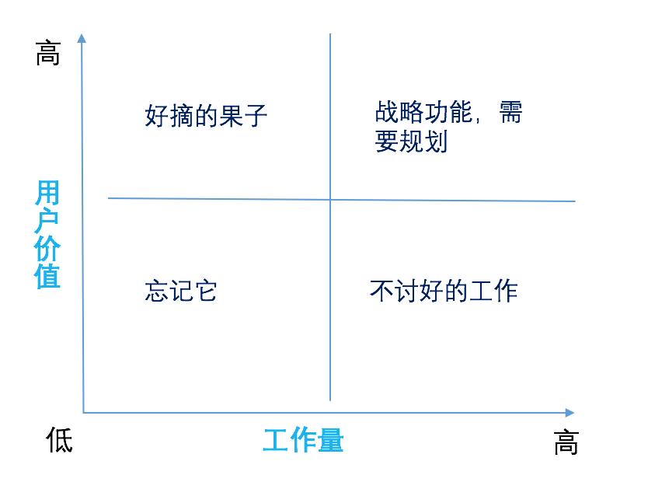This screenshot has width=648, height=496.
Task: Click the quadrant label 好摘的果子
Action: click(x=206, y=117)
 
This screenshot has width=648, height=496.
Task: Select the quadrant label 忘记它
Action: click(x=180, y=291)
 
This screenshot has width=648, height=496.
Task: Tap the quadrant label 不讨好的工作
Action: click(x=444, y=291)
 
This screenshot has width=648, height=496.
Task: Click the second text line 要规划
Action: click(x=411, y=142)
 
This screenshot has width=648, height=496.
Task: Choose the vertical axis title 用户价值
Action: click(x=47, y=235)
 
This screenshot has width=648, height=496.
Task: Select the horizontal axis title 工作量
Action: click(x=303, y=442)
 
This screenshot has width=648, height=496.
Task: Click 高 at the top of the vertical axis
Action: click(x=47, y=54)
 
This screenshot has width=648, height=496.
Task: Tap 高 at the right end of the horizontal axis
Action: click(x=566, y=443)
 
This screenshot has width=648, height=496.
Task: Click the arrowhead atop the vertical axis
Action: click(x=82, y=37)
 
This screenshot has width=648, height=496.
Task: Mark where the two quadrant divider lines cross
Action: click(x=330, y=200)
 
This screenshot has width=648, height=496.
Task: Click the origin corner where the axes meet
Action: click(x=83, y=412)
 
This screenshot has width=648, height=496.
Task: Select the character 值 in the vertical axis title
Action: click(x=47, y=277)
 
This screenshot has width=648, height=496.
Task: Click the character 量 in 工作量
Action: click(x=330, y=442)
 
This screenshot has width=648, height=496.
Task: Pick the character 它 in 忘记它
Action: click(x=205, y=291)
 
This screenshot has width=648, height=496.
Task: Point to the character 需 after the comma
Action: click(x=510, y=113)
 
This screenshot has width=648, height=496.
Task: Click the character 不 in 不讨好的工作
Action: click(x=381, y=291)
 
